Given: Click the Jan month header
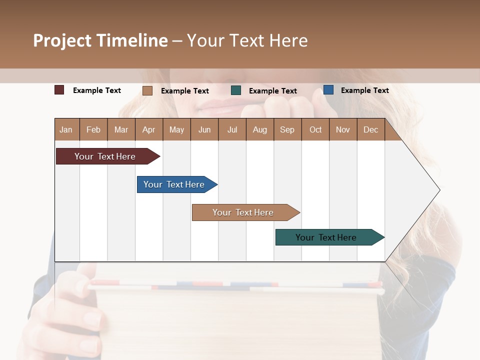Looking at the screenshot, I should point(66,129).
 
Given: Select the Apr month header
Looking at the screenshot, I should point(149,129).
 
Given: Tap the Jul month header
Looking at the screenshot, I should point(232,129).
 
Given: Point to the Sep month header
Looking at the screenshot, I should point(287,129).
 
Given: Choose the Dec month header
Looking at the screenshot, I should point(371,129).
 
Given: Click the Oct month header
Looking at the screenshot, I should point(315,129).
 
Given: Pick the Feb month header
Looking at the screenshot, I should point(93,129).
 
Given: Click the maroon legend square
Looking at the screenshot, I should point(59,90).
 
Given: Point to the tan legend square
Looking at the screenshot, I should point(147,90).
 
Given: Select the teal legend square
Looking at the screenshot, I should point(236,90).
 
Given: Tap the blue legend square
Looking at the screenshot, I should point(328,90).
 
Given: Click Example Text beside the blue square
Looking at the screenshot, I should point(364,90).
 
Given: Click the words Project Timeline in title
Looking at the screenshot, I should point(100,40).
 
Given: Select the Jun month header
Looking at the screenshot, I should point(204,129).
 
